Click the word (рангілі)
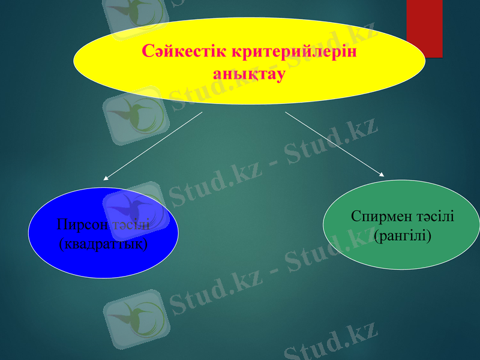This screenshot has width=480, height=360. [x=402, y=236]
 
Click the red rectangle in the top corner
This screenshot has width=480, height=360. [x=424, y=27]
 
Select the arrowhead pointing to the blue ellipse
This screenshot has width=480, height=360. [x=106, y=178]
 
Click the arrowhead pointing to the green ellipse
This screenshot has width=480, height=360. [x=382, y=174]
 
